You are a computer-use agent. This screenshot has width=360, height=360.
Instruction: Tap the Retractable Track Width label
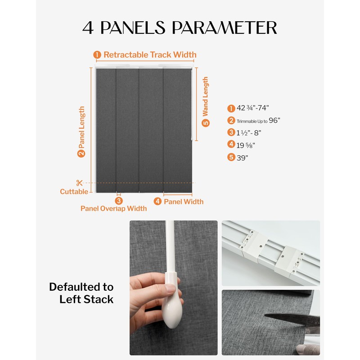click(x=150, y=55)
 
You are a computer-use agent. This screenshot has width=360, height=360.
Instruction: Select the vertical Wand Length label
click(x=205, y=97)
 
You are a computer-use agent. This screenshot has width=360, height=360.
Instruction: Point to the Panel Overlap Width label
click(x=113, y=208)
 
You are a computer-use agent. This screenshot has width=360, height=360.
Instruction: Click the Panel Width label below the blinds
click(x=183, y=202)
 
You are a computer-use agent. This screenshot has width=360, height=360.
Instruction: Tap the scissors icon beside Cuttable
click(x=79, y=183)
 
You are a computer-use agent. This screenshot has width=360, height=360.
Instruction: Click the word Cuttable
click(x=74, y=192)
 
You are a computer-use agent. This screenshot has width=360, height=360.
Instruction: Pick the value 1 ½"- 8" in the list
click(x=249, y=133)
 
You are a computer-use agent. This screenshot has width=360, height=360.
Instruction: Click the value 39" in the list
click(x=243, y=157)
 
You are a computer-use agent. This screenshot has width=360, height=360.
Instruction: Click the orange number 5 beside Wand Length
click(x=205, y=123)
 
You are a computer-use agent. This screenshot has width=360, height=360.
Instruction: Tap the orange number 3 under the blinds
click(x=118, y=201)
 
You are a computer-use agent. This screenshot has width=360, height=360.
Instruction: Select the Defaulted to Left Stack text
click(x=81, y=293)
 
